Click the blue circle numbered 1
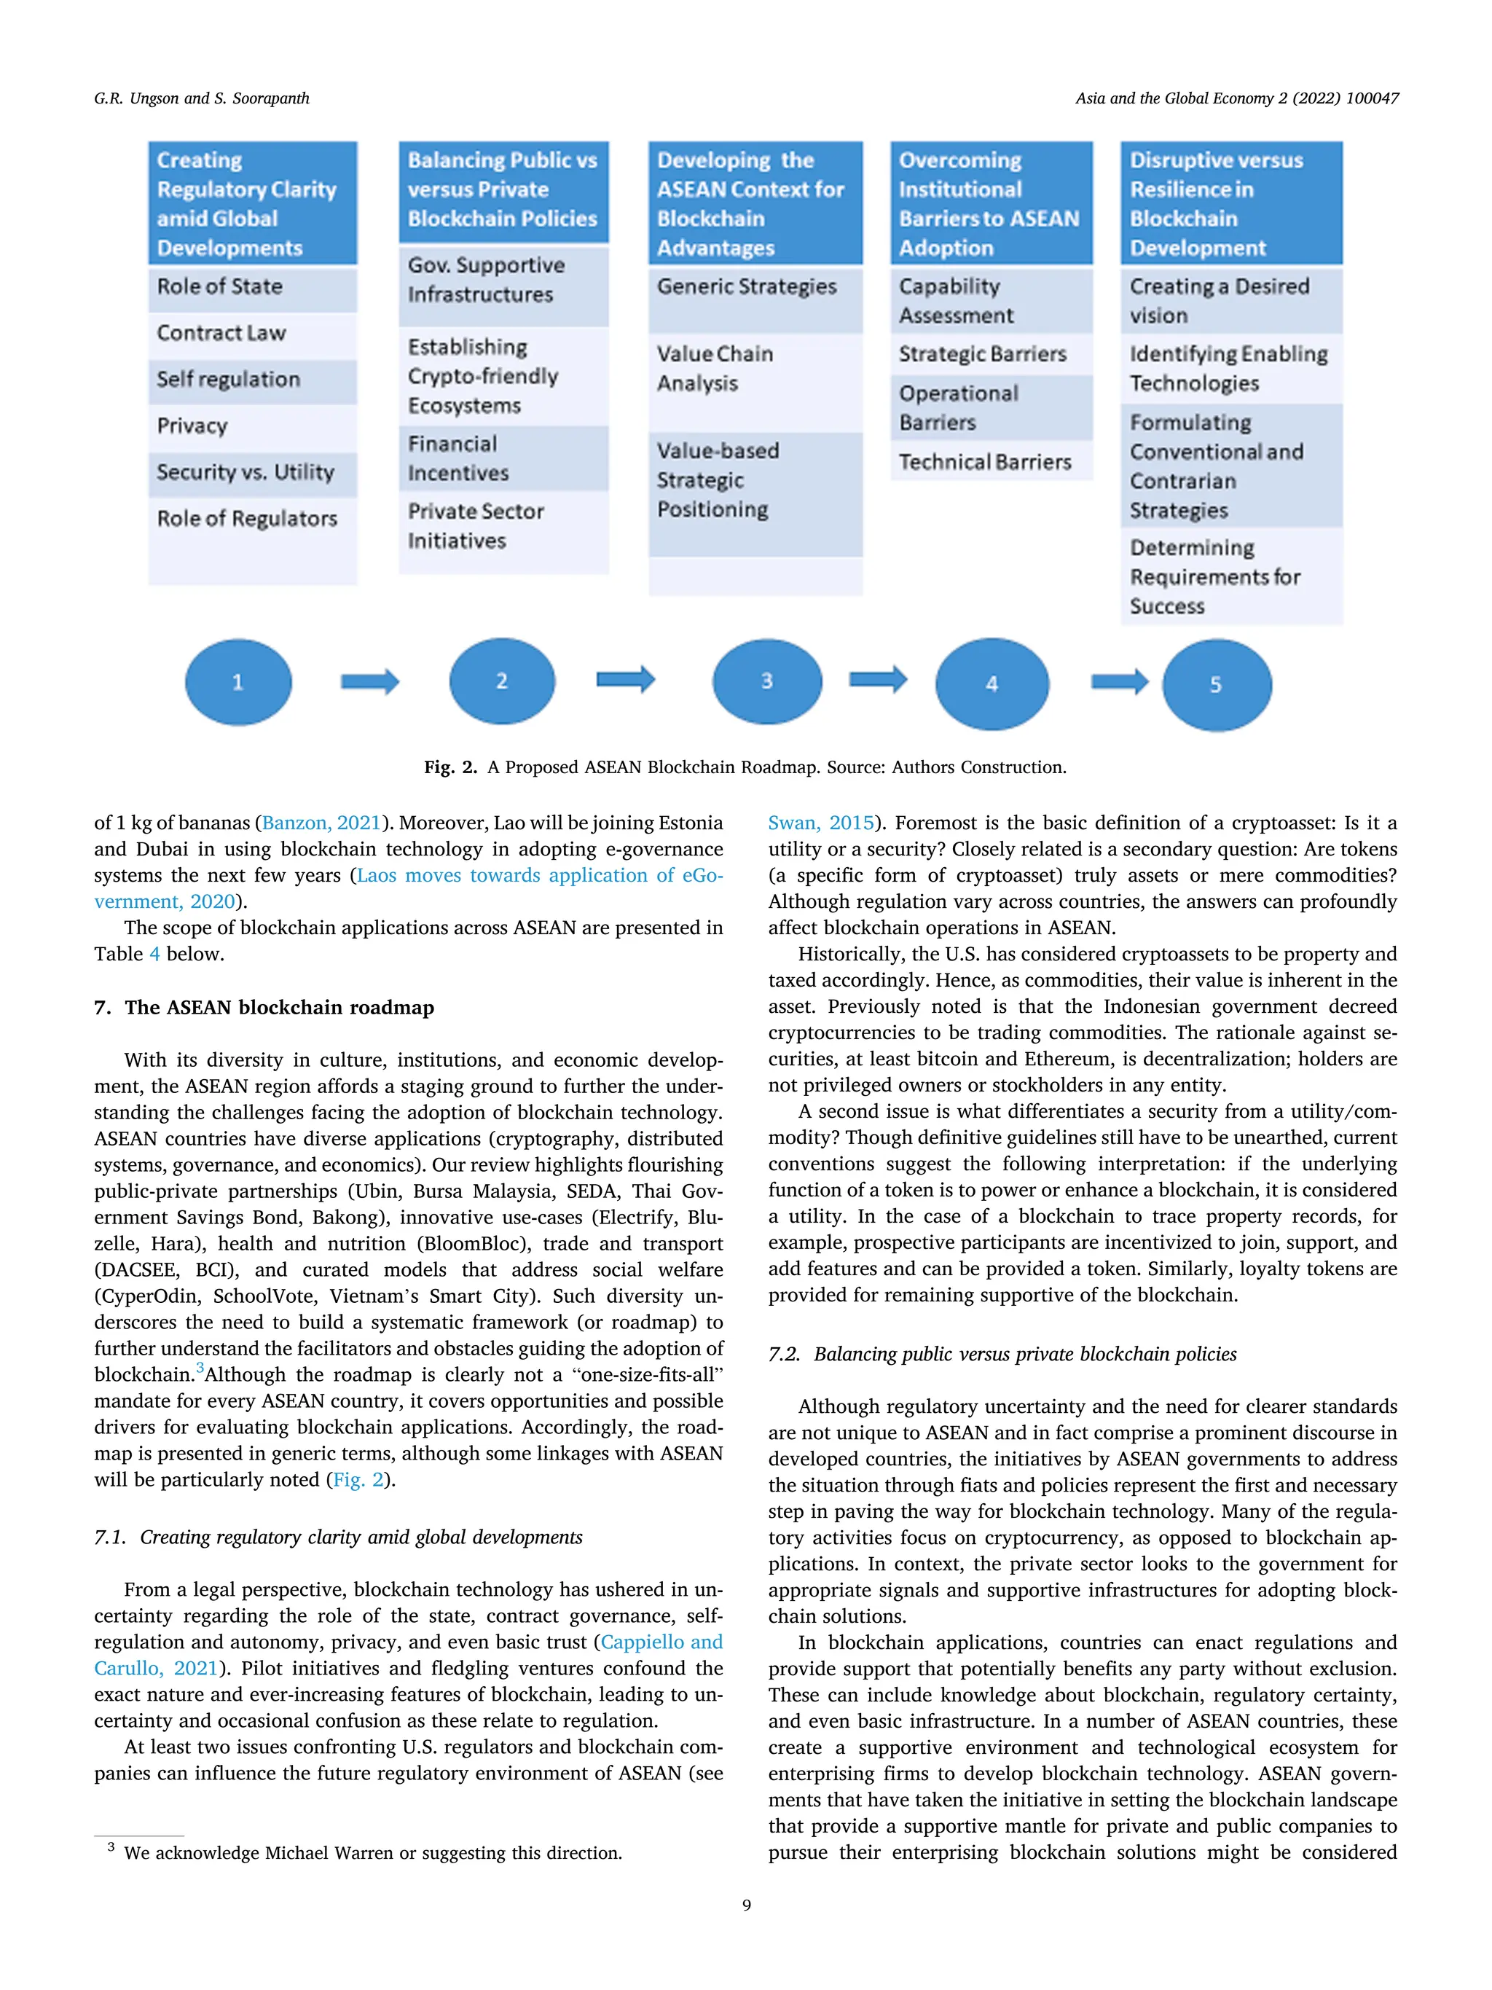coord(238,682)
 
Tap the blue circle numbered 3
coord(766,681)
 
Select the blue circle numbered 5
coord(1216,685)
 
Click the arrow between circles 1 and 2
coord(369,682)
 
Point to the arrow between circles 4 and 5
coord(1120,682)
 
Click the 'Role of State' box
coord(252,287)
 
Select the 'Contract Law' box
coord(252,334)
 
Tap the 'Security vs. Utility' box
coord(252,472)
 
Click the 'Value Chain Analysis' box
coord(755,369)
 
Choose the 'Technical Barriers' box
coord(990,463)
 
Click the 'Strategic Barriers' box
coord(990,354)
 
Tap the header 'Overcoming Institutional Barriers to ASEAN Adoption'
coord(990,203)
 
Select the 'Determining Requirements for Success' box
coord(1230,576)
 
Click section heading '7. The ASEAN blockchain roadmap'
coord(264,1008)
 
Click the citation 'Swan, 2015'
coord(820,823)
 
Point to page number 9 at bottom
coord(745,1905)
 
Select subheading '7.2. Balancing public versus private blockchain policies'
coord(1002,1354)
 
